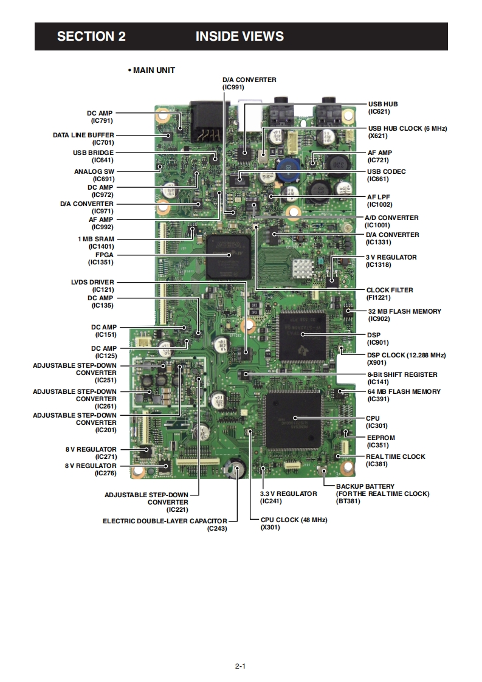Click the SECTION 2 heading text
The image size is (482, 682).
click(91, 36)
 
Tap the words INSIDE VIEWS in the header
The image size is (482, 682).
click(239, 36)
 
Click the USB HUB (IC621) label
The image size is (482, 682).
click(383, 108)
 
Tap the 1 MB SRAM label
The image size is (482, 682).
click(96, 243)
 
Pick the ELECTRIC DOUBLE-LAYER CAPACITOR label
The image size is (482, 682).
click(165, 521)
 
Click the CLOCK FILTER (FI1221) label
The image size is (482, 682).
click(390, 294)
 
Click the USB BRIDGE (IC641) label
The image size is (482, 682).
click(93, 156)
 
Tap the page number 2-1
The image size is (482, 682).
click(240, 666)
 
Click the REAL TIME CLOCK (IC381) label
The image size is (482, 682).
click(395, 460)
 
